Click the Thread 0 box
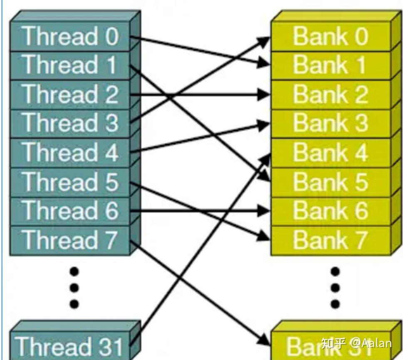tap(70, 37)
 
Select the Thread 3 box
tap(70, 123)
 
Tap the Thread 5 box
tap(70, 182)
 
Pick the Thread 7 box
tap(70, 240)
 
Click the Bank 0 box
tap(331, 37)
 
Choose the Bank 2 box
tap(331, 94)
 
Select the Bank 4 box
tap(331, 153)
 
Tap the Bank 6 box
tap(331, 211)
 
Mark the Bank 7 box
tap(331, 240)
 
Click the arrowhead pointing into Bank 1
tap(263, 64)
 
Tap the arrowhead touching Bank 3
tap(264, 124)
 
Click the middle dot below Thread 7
tap(74, 288)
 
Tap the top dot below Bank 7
tap(335, 272)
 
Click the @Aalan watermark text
tap(370, 343)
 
